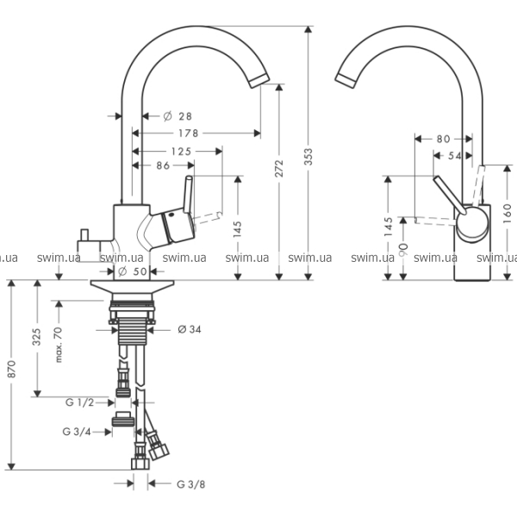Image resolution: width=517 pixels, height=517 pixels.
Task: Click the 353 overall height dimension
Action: tap(308, 157)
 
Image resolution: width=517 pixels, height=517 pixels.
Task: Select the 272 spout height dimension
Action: tap(279, 168)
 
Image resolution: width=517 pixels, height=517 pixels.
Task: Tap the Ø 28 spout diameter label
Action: tap(178, 116)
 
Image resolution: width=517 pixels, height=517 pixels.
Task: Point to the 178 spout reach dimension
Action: tap(188, 134)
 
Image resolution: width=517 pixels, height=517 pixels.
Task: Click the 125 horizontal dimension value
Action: tap(181, 152)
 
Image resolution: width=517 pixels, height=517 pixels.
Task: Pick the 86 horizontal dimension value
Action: tap(163, 165)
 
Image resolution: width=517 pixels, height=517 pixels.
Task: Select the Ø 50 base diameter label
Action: tap(132, 271)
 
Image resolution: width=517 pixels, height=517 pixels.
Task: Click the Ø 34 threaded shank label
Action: tap(190, 329)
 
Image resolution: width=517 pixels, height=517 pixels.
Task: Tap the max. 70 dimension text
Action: tap(59, 345)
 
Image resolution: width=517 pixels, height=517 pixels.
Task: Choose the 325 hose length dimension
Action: tap(36, 337)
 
